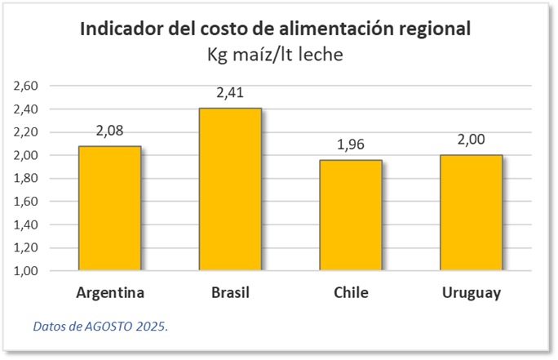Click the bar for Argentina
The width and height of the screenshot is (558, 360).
pyautogui.click(x=109, y=208)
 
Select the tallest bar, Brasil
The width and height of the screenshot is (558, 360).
pyautogui.click(x=230, y=189)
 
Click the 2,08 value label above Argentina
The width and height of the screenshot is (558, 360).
pyautogui.click(x=109, y=131)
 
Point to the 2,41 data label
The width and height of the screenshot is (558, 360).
pyautogui.click(x=230, y=93)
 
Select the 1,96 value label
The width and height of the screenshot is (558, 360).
pyautogui.click(x=351, y=145)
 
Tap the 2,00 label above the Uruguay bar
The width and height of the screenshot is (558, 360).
pyautogui.click(x=472, y=140)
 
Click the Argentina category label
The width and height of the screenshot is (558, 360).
pyautogui.click(x=109, y=293)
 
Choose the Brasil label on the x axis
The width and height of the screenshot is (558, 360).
pyautogui.click(x=230, y=293)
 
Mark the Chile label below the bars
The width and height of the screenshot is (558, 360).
pyautogui.click(x=351, y=293)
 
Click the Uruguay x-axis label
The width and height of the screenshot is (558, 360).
pyautogui.click(x=472, y=293)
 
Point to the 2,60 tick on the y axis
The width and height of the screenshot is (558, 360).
pyautogui.click(x=28, y=86)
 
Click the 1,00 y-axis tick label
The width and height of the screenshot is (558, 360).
pyautogui.click(x=28, y=271)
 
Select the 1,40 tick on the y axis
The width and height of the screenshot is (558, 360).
pyautogui.click(x=28, y=224)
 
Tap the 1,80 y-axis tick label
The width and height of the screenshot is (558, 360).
pyautogui.click(x=28, y=178)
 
